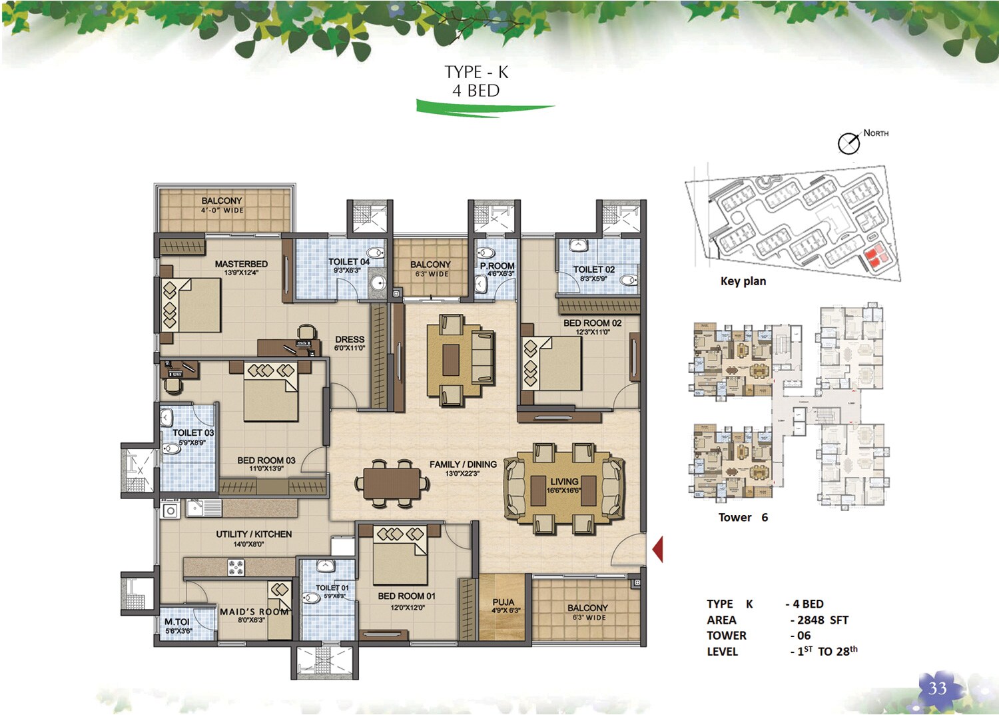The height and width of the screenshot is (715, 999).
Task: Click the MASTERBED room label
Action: click(x=241, y=265)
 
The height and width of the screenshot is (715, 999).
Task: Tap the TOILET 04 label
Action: click(x=348, y=262)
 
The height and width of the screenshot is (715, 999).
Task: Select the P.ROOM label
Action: click(x=497, y=266)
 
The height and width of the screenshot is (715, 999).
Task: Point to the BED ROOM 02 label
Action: click(x=592, y=323)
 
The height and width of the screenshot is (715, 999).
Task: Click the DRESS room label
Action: click(x=350, y=339)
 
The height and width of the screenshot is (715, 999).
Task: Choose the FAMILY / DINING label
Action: click(x=463, y=464)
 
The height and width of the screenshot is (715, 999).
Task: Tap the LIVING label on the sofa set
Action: click(x=564, y=482)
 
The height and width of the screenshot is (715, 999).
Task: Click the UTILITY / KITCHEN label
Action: click(x=254, y=534)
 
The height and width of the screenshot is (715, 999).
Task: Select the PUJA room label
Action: click(x=503, y=602)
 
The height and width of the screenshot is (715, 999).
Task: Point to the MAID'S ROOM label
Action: click(x=254, y=612)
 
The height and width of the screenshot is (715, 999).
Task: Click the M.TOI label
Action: click(x=177, y=622)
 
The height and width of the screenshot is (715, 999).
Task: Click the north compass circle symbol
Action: click(x=848, y=143)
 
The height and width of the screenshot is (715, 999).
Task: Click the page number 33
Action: click(x=938, y=688)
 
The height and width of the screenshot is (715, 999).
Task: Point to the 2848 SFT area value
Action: click(x=823, y=620)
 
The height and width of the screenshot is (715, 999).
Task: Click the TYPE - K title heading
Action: click(x=476, y=72)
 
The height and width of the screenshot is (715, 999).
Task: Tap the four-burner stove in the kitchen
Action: click(x=236, y=568)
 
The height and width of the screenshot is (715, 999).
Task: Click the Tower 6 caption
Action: click(x=743, y=517)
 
